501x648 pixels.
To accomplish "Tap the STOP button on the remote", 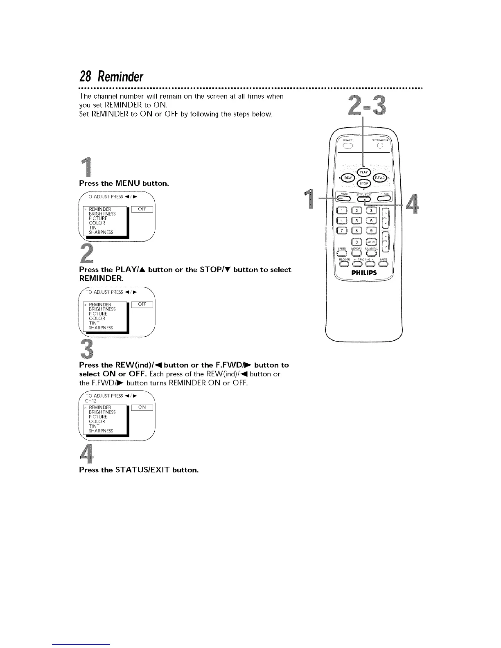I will (364, 183).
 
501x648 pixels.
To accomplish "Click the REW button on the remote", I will (348, 178).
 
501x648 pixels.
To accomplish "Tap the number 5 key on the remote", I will (357, 221).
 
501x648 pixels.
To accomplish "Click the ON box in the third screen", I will (142, 407).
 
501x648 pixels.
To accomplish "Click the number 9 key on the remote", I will (371, 231).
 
